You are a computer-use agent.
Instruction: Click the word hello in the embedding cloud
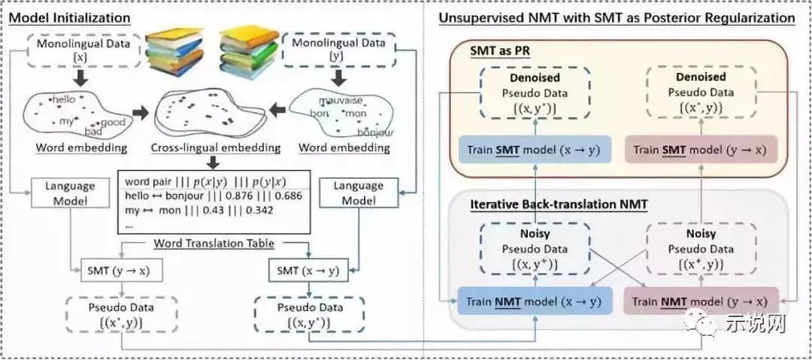point(65,99)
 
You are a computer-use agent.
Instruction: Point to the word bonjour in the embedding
point(374,133)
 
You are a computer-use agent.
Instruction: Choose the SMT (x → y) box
point(308,270)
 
